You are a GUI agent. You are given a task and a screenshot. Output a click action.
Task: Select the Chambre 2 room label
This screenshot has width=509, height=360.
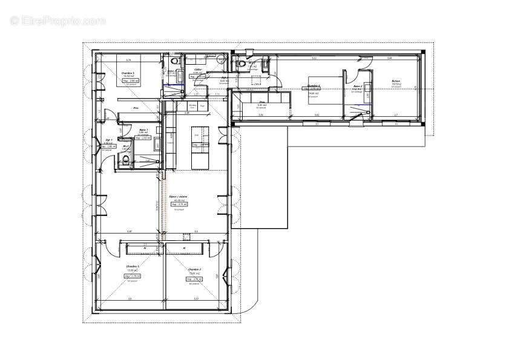[x=194, y=269]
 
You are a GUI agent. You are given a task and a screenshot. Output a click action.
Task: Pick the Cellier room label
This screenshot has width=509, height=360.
[x=197, y=70]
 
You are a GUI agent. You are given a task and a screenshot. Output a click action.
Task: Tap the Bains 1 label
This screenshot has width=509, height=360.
[x=143, y=129]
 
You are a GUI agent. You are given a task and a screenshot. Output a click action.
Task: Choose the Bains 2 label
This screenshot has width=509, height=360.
[x=357, y=87]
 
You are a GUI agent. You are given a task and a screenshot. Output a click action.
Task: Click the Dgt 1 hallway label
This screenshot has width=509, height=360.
[x=111, y=140]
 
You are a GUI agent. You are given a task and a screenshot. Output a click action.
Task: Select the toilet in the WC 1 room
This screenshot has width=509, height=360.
[x=125, y=159]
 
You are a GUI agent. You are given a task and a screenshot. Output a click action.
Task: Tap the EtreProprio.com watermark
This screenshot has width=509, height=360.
[x=57, y=21]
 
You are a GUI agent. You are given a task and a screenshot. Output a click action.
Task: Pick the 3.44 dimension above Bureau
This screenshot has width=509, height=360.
[x=389, y=58]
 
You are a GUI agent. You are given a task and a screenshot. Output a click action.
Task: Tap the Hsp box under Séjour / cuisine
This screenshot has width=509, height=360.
[x=180, y=205]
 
